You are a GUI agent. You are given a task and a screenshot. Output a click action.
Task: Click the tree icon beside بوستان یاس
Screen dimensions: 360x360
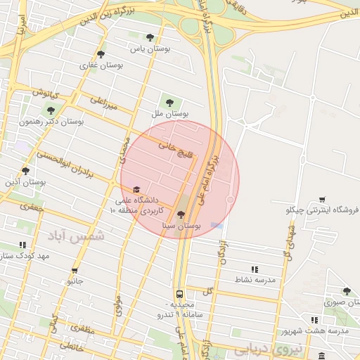coord(149,37)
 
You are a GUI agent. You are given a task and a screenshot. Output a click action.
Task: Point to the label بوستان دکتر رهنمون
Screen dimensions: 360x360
coord(51,122)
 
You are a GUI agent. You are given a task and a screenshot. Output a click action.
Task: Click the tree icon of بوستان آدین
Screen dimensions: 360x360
coord(25,171)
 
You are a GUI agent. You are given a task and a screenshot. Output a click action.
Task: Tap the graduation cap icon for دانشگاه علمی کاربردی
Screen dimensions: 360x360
coord(136,189)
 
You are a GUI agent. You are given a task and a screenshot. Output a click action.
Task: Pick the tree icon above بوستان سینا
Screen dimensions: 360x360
coord(181,215)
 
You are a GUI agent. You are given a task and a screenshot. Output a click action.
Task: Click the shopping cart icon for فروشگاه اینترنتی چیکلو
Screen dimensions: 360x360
coord(322,200)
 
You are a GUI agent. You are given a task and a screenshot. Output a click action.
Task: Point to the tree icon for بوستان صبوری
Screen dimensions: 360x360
coord(347,291)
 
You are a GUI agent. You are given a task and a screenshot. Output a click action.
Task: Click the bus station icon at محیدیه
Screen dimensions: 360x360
coord(180,294)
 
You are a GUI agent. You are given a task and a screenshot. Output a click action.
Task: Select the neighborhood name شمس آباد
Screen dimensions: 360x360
coord(75,236)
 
